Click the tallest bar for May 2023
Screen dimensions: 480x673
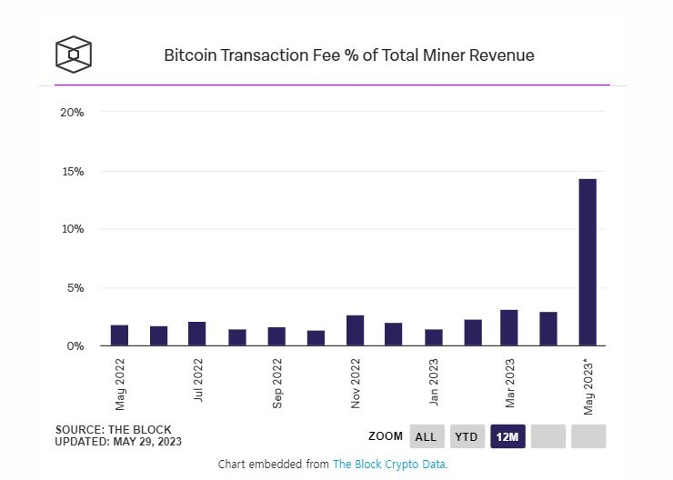(x=588, y=262)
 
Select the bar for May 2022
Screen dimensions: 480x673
(x=119, y=335)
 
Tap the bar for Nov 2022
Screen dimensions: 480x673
(x=355, y=330)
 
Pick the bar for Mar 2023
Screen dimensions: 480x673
(x=509, y=327)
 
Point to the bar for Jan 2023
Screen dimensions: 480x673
(x=434, y=337)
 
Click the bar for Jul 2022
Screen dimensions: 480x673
(x=197, y=334)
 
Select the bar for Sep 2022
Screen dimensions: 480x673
(x=276, y=336)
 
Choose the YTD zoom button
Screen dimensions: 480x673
(x=467, y=436)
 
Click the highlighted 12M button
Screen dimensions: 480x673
(x=507, y=436)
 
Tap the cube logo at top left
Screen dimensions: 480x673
(x=74, y=55)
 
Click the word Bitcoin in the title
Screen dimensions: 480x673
(x=189, y=55)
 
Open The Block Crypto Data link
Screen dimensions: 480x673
(x=388, y=464)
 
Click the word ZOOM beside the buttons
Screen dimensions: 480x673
(x=386, y=436)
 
